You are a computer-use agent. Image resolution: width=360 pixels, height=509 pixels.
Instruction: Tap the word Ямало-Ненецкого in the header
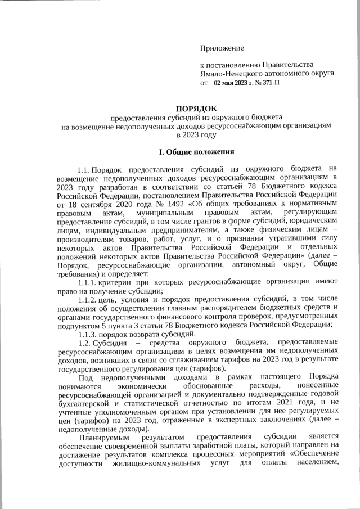click(232, 73)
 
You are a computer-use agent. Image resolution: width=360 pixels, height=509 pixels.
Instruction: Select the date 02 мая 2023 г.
click(235, 83)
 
